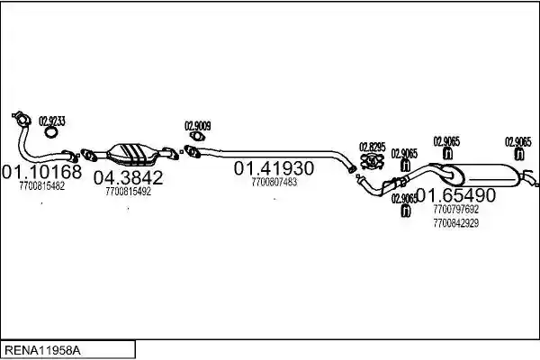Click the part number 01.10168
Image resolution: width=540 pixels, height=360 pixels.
[x=42, y=172]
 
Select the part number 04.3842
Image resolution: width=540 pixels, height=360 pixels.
[x=128, y=178]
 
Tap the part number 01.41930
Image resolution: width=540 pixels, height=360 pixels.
[x=274, y=168]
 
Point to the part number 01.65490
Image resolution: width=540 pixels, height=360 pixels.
[x=456, y=195]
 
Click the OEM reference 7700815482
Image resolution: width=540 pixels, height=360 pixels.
[x=42, y=186]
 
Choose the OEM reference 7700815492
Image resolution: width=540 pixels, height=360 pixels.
[x=128, y=192]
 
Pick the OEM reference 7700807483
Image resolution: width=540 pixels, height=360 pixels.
[x=274, y=182]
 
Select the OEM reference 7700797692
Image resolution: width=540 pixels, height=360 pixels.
[x=456, y=209]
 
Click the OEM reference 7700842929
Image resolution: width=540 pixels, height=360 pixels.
[x=456, y=223]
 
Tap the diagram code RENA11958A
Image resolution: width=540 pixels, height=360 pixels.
[x=42, y=351]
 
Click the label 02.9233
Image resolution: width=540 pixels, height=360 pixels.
[x=52, y=121]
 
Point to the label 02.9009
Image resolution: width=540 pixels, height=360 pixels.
[x=198, y=126]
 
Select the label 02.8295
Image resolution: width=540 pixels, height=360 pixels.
[x=373, y=147]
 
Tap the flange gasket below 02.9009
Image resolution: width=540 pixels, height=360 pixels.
[x=197, y=137]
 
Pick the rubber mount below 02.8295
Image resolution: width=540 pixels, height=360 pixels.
[x=372, y=161]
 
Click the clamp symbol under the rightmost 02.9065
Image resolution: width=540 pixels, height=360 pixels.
[x=519, y=154]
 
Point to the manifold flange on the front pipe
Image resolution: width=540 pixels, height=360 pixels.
[x=22, y=119]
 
